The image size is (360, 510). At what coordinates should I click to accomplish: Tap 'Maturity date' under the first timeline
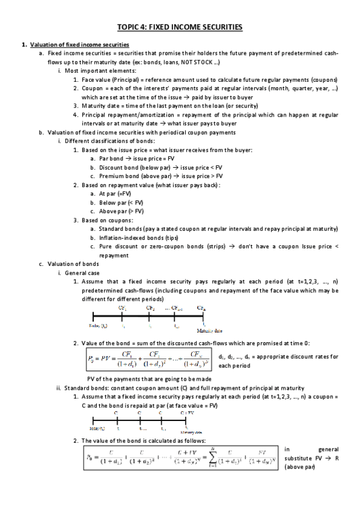(x=210, y=330)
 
